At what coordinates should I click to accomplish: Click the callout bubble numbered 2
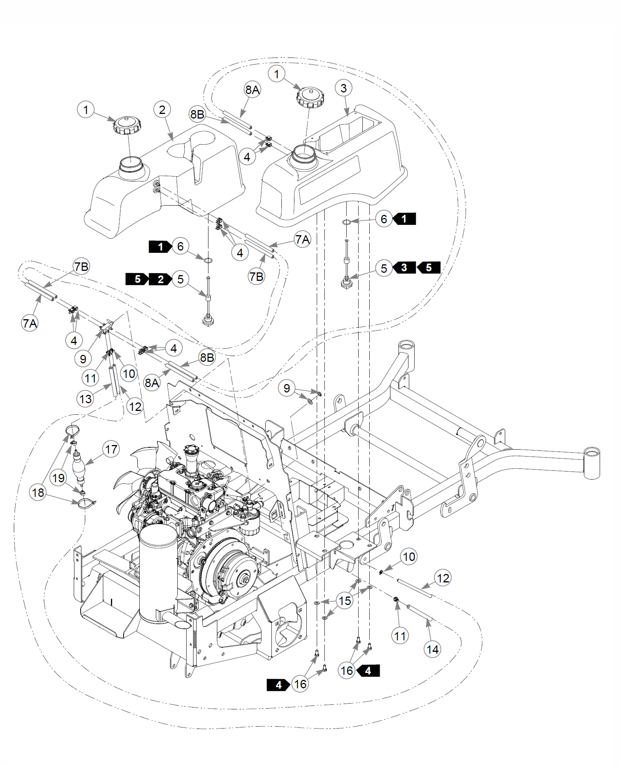pyautogui.click(x=162, y=110)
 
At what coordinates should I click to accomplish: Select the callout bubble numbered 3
pyautogui.click(x=344, y=88)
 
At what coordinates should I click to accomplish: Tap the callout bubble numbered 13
pyautogui.click(x=85, y=399)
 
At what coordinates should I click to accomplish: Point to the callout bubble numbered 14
pyautogui.click(x=433, y=650)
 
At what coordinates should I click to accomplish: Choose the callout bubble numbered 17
pyautogui.click(x=111, y=449)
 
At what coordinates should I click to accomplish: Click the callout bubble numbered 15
pyautogui.click(x=345, y=600)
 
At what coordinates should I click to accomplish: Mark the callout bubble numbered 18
pyautogui.click(x=38, y=493)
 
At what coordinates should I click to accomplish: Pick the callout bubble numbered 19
pyautogui.click(x=58, y=478)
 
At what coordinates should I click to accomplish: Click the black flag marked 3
pyautogui.click(x=404, y=267)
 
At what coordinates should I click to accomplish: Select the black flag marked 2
pyautogui.click(x=161, y=279)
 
